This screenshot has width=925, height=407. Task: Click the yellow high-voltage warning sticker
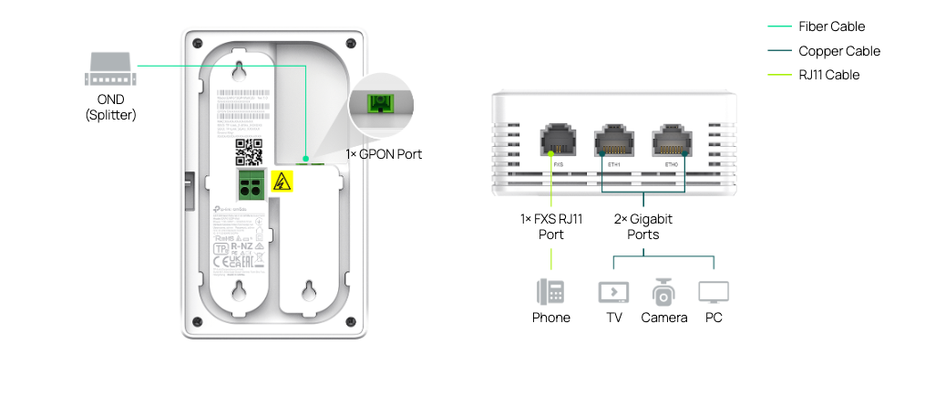click(x=282, y=182)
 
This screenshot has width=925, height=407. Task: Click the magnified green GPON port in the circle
click(x=380, y=102)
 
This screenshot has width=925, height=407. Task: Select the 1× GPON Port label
click(x=384, y=154)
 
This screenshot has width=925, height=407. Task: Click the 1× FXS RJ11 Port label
click(x=550, y=227)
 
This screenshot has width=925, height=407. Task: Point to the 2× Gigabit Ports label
click(x=643, y=227)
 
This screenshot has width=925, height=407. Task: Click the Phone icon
click(x=550, y=292)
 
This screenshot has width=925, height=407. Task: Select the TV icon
click(x=613, y=292)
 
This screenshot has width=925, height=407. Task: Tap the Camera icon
click(x=663, y=292)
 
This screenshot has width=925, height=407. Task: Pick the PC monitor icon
click(x=713, y=292)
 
